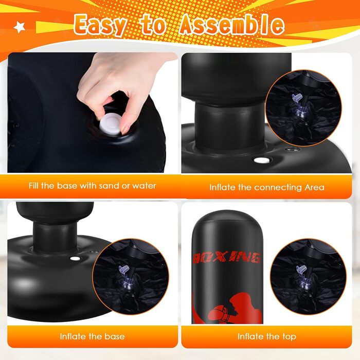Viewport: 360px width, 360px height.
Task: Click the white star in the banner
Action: pos(20,27)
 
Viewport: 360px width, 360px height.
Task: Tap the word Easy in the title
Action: pos(100,25)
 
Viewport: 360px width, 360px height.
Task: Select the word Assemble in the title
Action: pos(231,25)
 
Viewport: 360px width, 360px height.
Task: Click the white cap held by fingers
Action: pos(110,126)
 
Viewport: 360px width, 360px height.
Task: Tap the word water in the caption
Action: pos(144,186)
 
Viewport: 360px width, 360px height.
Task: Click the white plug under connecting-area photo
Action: pos(262,160)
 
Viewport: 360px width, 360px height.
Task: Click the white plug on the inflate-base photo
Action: pos(75,259)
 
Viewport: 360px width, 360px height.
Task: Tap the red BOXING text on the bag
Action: pos(227,258)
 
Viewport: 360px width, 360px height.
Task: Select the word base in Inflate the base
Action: pos(115,336)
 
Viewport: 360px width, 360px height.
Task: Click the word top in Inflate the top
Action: pos(289,337)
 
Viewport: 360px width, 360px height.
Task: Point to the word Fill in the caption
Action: pos(34,185)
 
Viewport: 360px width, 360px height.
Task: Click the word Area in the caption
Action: pos(314,187)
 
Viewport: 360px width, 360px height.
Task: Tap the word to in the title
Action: pos(153,25)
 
